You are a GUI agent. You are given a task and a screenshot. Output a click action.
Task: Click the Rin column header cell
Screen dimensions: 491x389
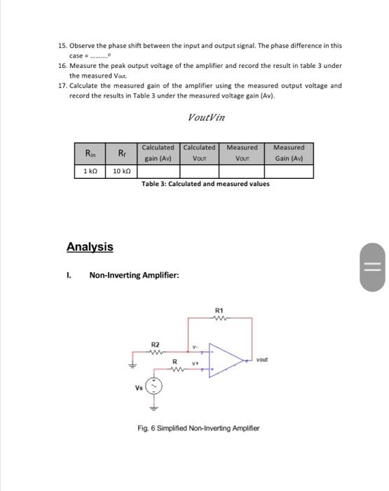tap(91, 152)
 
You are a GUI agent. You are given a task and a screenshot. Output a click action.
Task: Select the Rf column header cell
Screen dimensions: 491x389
tap(123, 152)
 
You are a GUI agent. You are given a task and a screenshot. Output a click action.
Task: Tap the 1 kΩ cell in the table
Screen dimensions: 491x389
tap(91, 171)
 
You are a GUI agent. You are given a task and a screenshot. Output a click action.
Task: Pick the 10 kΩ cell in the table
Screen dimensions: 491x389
tap(123, 171)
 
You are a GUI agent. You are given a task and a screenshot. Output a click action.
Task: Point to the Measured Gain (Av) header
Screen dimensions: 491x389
tap(289, 152)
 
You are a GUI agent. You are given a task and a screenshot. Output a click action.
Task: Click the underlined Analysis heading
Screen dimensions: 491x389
tap(90, 247)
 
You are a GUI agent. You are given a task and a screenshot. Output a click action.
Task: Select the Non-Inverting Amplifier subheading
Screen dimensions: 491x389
tap(133, 275)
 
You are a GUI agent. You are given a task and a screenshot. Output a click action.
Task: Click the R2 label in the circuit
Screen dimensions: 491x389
tap(156, 344)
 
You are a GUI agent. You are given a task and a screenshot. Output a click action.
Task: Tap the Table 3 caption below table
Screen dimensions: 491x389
tap(205, 184)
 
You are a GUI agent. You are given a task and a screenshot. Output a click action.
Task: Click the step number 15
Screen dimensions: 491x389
tap(62, 46)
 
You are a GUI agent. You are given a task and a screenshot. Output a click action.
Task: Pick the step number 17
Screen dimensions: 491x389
tap(62, 86)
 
